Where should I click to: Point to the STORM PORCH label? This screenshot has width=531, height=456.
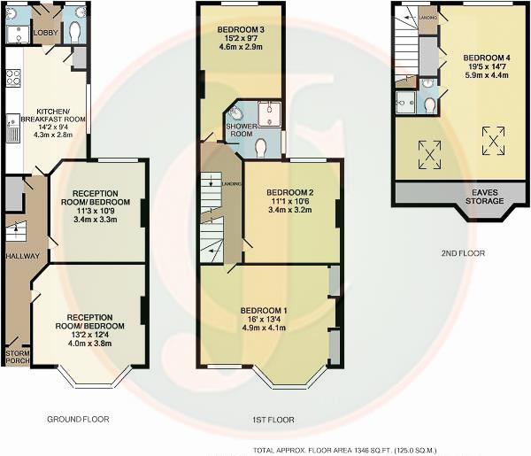16,358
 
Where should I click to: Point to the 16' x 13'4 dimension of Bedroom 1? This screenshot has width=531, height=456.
265,321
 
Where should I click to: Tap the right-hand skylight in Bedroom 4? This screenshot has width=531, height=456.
492,139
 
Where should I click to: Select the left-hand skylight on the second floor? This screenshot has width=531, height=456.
430,154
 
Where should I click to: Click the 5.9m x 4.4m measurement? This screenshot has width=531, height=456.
486,75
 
